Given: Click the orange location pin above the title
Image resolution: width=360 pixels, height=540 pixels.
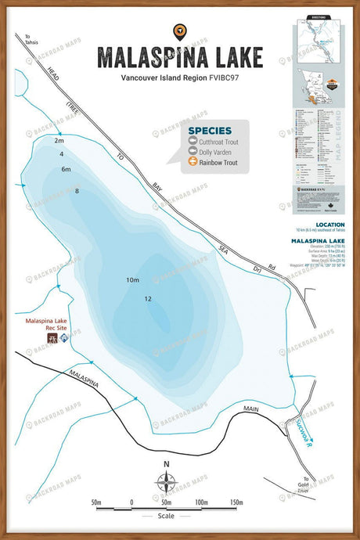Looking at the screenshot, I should click(179, 31).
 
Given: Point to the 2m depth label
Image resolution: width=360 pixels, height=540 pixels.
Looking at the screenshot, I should click(59, 142).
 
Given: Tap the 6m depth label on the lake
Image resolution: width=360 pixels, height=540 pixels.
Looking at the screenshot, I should click(66, 169).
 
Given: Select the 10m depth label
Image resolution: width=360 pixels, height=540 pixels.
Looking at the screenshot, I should click(131, 280).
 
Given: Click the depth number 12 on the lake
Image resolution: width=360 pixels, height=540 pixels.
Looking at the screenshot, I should click(148, 299).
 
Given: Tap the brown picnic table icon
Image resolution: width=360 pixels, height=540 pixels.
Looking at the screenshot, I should click(53, 338).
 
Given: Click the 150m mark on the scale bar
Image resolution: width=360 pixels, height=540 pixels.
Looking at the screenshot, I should click(236, 502).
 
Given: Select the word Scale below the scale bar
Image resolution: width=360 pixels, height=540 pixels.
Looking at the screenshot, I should click(165, 516).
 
